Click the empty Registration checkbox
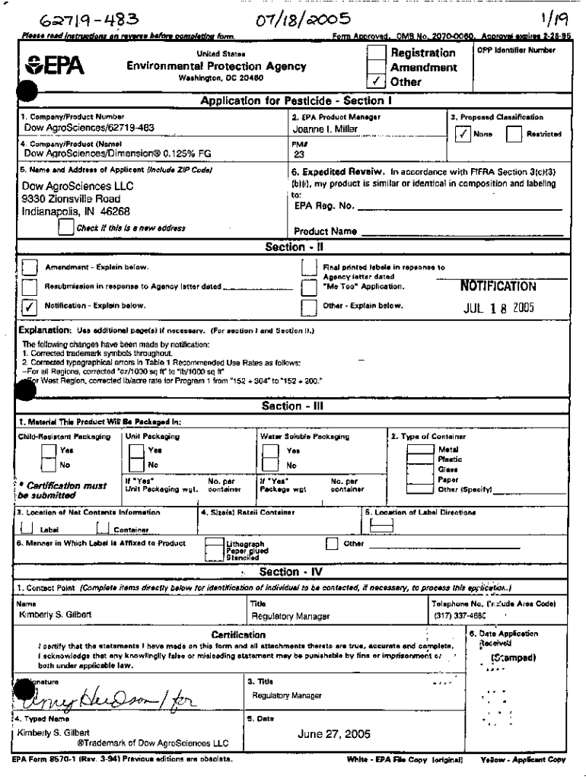(376, 52)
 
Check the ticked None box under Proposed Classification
(462, 134)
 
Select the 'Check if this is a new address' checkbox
(66, 227)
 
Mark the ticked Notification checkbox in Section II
(30, 306)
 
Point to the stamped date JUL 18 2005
(500, 308)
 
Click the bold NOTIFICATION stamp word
(498, 287)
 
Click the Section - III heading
(293, 406)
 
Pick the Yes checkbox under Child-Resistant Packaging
(47, 450)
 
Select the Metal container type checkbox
(419, 450)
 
